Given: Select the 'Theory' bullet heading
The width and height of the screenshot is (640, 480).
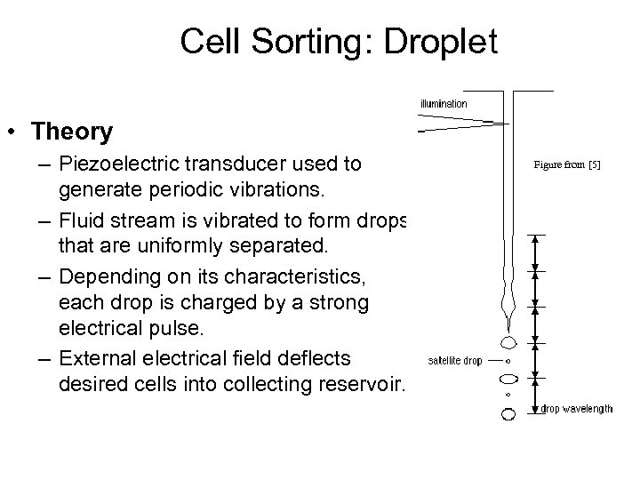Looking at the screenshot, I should click(71, 132).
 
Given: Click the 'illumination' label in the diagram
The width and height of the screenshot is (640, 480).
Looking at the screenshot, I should click(444, 104).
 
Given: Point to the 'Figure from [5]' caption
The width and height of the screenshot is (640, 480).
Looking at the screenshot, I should click(566, 164).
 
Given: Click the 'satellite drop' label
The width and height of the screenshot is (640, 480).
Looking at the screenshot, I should click(454, 361).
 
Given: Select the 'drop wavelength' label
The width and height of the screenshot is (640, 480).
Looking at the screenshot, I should click(577, 409).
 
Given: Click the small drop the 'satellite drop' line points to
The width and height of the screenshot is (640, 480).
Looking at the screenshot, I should click(508, 361).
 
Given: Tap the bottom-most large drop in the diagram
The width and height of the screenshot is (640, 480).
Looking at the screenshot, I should click(508, 413).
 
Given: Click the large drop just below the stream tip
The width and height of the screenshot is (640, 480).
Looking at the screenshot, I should click(508, 341).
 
